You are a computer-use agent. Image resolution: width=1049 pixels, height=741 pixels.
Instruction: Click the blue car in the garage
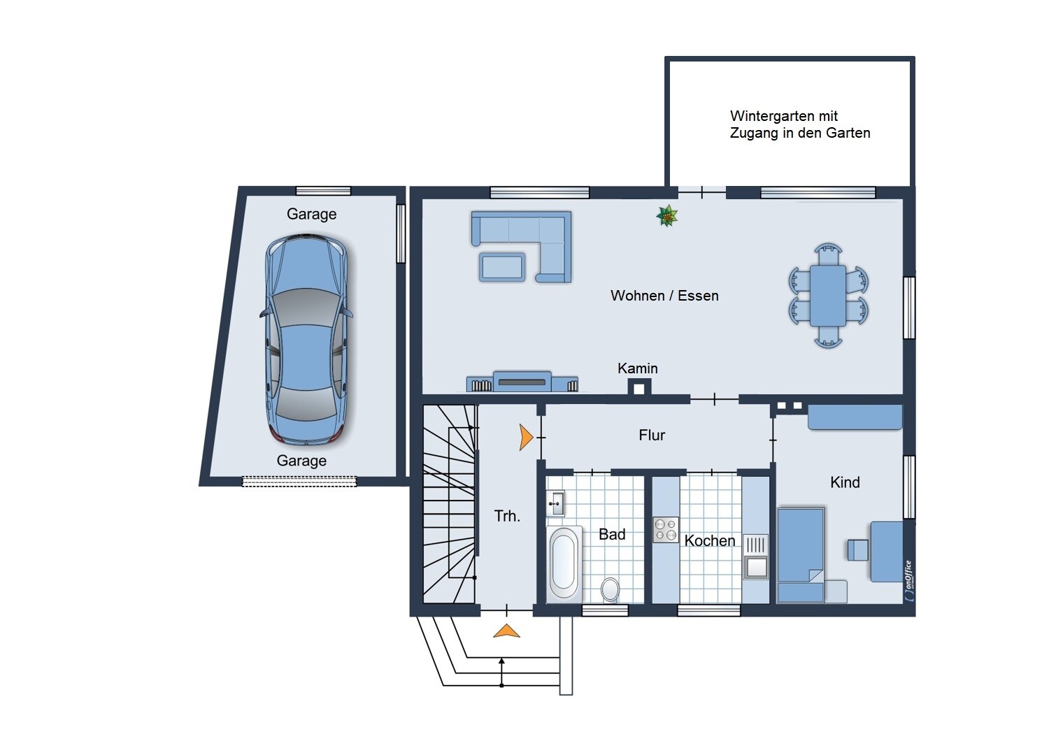[x=306, y=339]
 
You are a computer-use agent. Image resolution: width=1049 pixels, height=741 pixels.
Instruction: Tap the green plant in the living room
[x=667, y=216]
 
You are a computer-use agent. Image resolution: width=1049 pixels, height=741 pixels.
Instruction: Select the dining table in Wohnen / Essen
[x=828, y=296]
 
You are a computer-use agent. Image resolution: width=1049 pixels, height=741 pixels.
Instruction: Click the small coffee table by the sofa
[x=501, y=267]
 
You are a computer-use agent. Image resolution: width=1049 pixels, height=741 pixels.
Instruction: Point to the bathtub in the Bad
[x=564, y=563]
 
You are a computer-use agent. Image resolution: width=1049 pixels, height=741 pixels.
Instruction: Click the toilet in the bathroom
[x=610, y=589]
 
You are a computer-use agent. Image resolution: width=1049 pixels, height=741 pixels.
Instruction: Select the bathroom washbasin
[x=556, y=503]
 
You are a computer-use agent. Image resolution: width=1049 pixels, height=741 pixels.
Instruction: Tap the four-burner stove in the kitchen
[x=666, y=529]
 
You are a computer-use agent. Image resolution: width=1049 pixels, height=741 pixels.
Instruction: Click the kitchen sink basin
[x=756, y=568]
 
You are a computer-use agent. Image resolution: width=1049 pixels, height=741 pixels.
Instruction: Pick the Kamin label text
[x=637, y=368]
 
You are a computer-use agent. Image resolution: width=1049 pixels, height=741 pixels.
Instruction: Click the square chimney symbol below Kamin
[x=639, y=389]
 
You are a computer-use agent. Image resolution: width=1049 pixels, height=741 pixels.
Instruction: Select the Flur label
[x=652, y=436]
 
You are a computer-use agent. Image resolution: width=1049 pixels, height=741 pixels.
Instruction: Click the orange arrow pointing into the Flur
[x=527, y=437]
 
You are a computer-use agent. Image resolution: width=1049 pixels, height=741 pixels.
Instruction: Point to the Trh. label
[x=507, y=516]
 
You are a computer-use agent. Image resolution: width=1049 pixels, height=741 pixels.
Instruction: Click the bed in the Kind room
[x=801, y=555]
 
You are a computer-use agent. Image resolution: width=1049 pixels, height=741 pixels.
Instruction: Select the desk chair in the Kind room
[x=858, y=550]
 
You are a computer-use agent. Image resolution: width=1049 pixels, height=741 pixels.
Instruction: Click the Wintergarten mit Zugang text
[x=800, y=124]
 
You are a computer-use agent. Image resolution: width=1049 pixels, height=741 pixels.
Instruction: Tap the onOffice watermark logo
[x=909, y=581]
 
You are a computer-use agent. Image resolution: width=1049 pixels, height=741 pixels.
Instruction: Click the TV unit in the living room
[x=522, y=382]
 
